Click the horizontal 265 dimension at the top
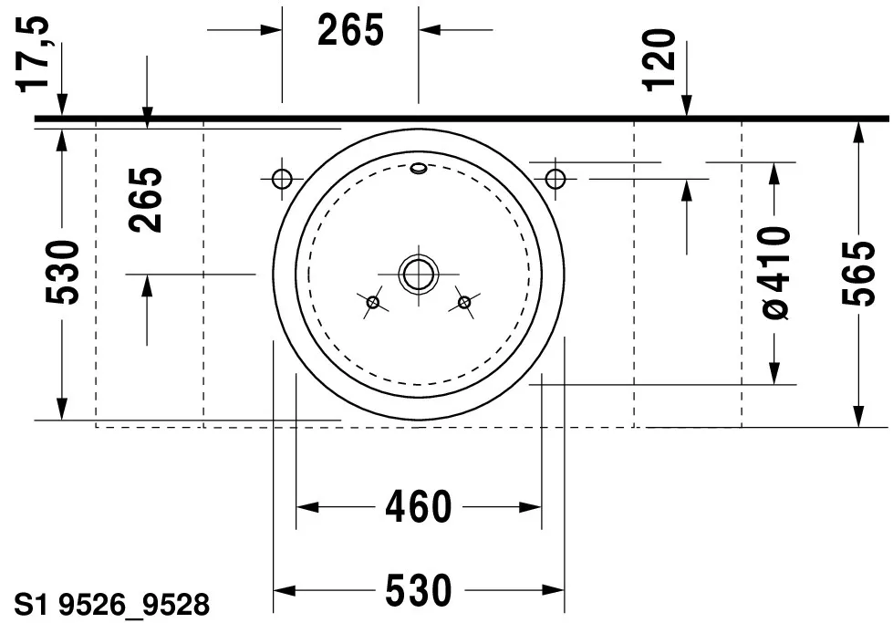point(351,30)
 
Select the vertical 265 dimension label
point(146,200)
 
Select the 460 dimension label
point(418,506)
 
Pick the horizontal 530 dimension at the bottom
point(418,590)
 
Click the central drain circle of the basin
point(418,273)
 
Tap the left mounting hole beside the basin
point(282,177)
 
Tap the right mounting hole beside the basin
point(555,177)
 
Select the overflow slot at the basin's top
point(418,167)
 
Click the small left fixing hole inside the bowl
point(372,302)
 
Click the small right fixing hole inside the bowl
point(464,302)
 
